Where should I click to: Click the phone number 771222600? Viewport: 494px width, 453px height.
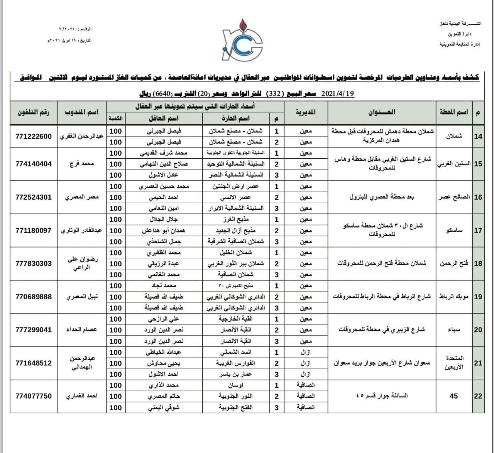tap(34, 136)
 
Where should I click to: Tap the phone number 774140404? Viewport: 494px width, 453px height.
tap(34, 164)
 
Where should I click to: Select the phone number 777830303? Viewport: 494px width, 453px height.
tap(34, 263)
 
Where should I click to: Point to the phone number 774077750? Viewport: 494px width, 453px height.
tap(34, 396)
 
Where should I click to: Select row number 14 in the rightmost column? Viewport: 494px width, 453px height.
tap(478, 136)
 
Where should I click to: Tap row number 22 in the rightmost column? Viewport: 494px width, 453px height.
tap(478, 396)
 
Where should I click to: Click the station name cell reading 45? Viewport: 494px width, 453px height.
tap(453, 396)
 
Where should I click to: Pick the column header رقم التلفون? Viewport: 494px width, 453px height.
tap(34, 112)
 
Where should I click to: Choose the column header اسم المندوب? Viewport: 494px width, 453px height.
tap(82, 112)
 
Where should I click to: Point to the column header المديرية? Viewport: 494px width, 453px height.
tap(306, 112)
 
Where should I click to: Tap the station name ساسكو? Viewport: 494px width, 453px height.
tap(454, 231)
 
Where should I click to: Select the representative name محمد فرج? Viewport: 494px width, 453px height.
tap(82, 164)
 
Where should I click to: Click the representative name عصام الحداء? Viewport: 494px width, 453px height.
tap(82, 330)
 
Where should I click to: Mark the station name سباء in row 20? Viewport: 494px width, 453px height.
tap(454, 330)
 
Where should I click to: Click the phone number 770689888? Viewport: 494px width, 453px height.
tap(34, 297)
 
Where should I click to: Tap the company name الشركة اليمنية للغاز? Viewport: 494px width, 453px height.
tap(460, 24)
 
